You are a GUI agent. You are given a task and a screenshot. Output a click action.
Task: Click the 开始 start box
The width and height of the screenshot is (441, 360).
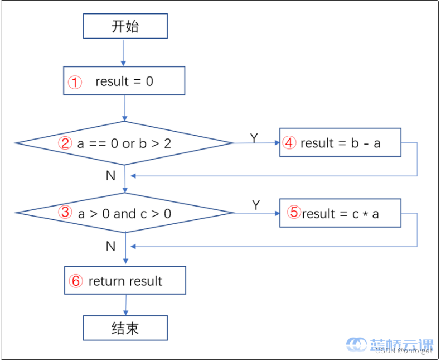pyautogui.click(x=125, y=26)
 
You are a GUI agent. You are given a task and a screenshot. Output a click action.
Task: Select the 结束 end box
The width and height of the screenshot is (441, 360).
pyautogui.click(x=125, y=328)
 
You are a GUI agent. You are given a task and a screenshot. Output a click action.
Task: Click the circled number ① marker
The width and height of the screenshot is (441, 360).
pyautogui.click(x=75, y=82)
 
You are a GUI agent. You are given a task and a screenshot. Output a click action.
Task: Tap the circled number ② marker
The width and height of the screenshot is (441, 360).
pyautogui.click(x=66, y=143)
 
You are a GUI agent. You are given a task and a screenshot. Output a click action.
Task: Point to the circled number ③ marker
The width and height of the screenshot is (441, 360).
pyautogui.click(x=66, y=213)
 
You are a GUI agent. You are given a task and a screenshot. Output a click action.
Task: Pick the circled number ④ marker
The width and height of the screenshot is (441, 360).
pyautogui.click(x=289, y=143)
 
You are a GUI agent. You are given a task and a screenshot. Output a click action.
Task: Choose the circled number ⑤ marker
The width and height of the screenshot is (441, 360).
pyautogui.click(x=294, y=213)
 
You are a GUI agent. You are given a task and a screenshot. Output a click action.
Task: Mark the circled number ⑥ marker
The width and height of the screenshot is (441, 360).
pyautogui.click(x=75, y=281)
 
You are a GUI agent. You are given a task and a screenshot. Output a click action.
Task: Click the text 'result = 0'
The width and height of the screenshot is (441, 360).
pyautogui.click(x=124, y=81)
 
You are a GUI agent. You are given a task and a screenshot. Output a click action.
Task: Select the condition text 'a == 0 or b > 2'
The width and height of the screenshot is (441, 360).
pyautogui.click(x=124, y=143)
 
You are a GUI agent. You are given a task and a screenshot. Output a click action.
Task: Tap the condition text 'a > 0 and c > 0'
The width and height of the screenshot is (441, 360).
pyautogui.click(x=124, y=213)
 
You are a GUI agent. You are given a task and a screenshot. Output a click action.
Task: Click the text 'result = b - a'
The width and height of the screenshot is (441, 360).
pyautogui.click(x=340, y=143)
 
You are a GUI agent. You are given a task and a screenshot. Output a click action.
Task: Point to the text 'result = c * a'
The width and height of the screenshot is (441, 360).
pyautogui.click(x=340, y=213)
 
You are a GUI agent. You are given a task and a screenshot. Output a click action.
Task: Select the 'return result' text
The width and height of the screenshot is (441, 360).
pyautogui.click(x=125, y=281)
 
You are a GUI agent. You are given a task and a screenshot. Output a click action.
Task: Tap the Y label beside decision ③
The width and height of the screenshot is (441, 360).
pyautogui.click(x=256, y=205)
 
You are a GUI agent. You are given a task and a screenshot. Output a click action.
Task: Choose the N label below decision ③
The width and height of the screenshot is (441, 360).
pyautogui.click(x=110, y=246)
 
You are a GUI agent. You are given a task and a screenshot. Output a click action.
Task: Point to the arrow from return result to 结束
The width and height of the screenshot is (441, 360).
pyautogui.click(x=125, y=305)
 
